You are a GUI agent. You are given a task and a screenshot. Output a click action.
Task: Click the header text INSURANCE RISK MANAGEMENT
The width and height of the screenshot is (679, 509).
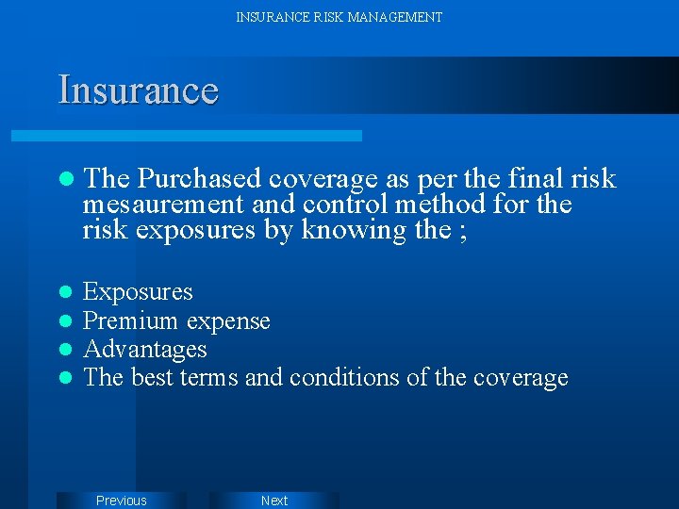(x=339, y=17)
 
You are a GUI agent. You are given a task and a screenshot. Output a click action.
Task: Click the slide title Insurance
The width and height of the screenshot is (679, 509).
(x=138, y=90)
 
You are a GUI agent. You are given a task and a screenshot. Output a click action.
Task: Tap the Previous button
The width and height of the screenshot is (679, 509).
(x=122, y=501)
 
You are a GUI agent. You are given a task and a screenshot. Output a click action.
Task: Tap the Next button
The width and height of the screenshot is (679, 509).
(x=274, y=501)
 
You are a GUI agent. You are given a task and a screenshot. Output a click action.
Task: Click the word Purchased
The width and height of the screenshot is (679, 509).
(x=198, y=179)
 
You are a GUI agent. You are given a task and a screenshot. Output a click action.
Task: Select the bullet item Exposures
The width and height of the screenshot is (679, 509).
(x=138, y=292)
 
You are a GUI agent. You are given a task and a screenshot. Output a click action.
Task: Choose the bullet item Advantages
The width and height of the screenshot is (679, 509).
(x=145, y=350)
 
